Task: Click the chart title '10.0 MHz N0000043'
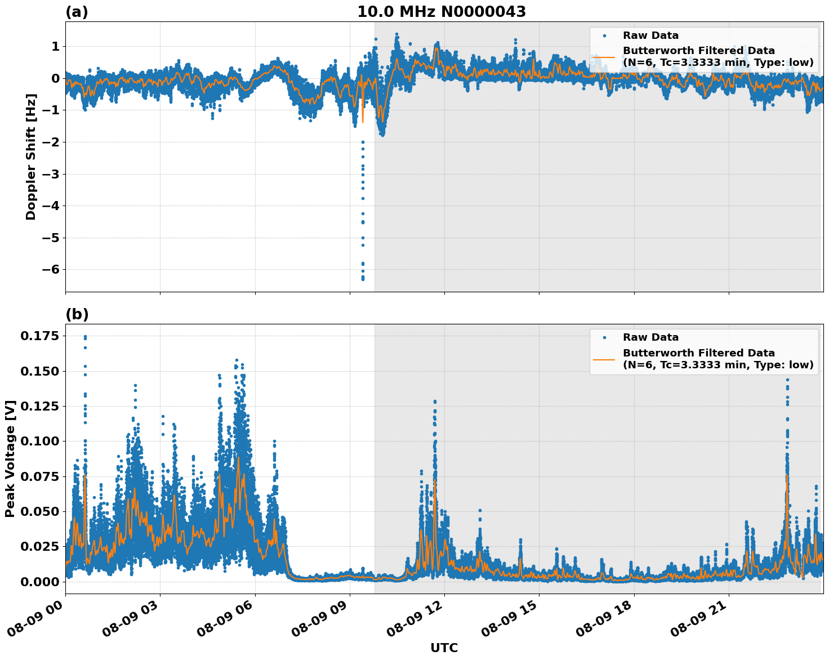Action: click(x=441, y=12)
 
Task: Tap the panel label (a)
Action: click(x=77, y=12)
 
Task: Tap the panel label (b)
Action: click(x=77, y=314)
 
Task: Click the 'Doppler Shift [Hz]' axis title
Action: click(x=31, y=157)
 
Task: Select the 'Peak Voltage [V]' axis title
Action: click(x=10, y=458)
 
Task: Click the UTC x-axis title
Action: click(x=444, y=648)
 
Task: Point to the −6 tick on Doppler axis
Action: click(x=52, y=270)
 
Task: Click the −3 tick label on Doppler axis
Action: click(x=52, y=174)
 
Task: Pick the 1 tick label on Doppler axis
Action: click(x=55, y=46)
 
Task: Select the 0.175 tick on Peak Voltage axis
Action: click(x=39, y=336)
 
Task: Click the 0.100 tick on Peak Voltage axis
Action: click(x=39, y=441)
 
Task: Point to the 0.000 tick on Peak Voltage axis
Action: click(x=39, y=581)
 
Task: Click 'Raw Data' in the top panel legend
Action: click(x=650, y=35)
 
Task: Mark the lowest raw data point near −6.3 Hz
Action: click(x=363, y=279)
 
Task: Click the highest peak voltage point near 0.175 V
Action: click(x=85, y=337)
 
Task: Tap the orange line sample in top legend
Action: click(x=604, y=56)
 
